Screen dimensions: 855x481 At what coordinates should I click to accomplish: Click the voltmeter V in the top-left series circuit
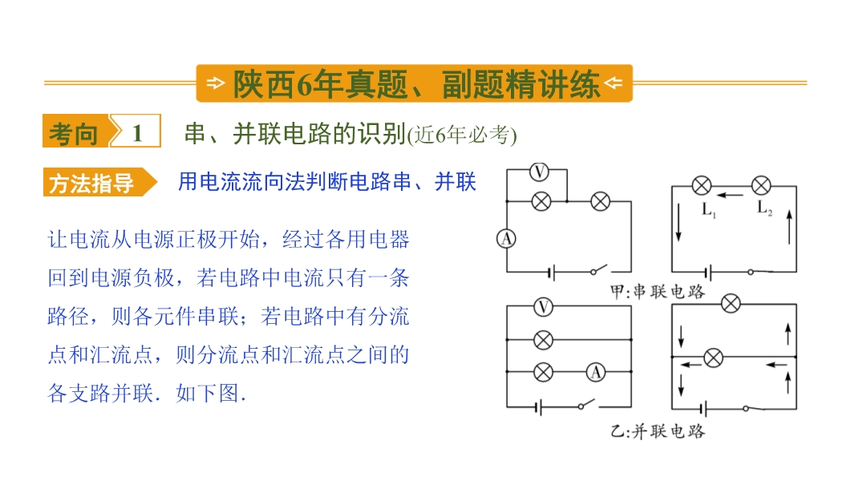pyautogui.click(x=539, y=172)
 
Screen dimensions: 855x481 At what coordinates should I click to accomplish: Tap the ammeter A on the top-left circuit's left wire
pyautogui.click(x=507, y=239)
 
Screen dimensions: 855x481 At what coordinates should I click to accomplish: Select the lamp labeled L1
pyautogui.click(x=702, y=186)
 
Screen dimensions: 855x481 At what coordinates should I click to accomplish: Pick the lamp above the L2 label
pyautogui.click(x=761, y=186)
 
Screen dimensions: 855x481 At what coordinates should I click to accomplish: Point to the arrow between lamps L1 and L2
pyautogui.click(x=731, y=195)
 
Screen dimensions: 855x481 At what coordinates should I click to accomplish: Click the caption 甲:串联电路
pyautogui.click(x=658, y=292)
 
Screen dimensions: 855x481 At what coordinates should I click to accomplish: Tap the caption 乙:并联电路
pyautogui.click(x=658, y=431)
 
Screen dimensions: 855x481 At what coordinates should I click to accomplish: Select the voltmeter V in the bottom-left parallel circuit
pyautogui.click(x=542, y=307)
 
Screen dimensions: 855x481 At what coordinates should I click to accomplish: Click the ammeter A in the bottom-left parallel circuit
pyautogui.click(x=595, y=372)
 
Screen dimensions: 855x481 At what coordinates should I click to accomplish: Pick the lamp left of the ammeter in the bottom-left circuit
pyautogui.click(x=542, y=372)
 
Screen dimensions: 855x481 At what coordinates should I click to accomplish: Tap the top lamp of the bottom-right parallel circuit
pyautogui.click(x=731, y=303)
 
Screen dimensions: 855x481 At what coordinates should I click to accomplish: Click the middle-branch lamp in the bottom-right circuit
pyautogui.click(x=713, y=358)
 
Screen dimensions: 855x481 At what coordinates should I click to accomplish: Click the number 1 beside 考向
pyautogui.click(x=137, y=133)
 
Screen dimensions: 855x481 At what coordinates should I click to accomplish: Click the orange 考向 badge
pyautogui.click(x=75, y=131)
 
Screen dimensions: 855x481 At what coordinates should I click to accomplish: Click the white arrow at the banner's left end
pyautogui.click(x=216, y=83)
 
